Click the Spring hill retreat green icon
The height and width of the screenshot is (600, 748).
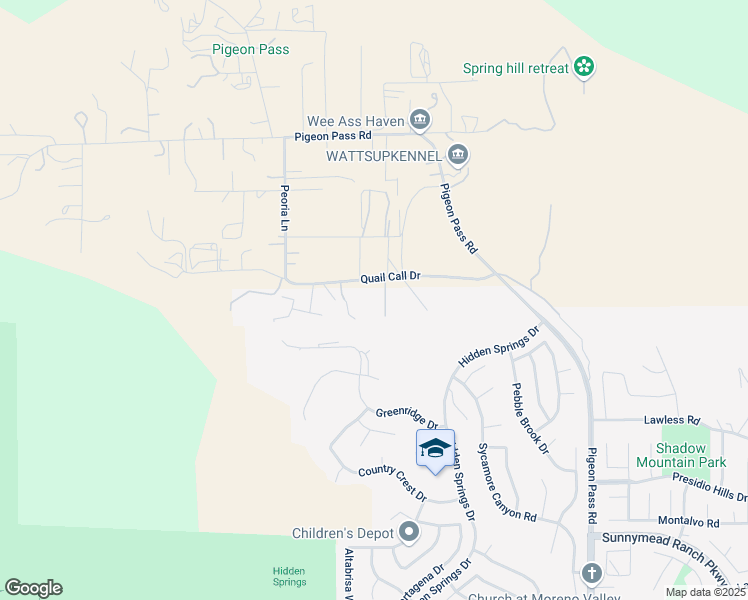(x=585, y=68)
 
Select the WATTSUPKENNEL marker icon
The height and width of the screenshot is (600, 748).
(x=459, y=155)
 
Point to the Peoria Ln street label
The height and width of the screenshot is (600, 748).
(x=283, y=208)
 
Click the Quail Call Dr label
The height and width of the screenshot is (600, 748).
(x=391, y=276)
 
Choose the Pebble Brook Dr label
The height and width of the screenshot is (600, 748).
(x=530, y=418)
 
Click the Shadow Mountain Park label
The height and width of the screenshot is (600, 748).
(x=681, y=455)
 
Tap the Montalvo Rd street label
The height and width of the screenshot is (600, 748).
(x=689, y=522)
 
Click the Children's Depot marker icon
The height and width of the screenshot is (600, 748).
(x=409, y=532)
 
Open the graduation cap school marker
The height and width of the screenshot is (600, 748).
(x=435, y=450)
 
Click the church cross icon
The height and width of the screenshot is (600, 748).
(x=591, y=573)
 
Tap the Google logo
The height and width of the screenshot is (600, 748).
(x=33, y=588)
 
